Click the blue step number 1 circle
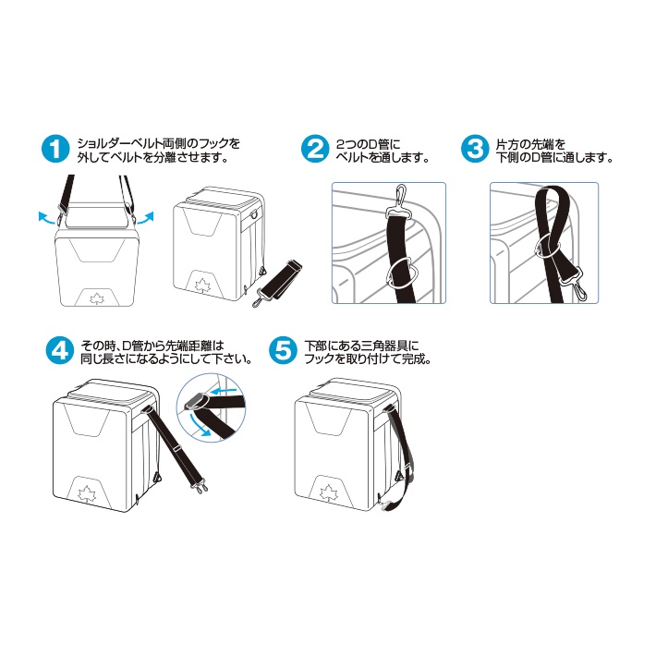pyautogui.click(x=55, y=149)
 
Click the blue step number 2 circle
pyautogui.click(x=315, y=149)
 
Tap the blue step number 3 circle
pyautogui.click(x=475, y=149)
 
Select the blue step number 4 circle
pyautogui.click(x=60, y=350)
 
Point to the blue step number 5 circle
pyautogui.click(x=283, y=350)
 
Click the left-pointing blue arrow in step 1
pyautogui.click(x=46, y=218)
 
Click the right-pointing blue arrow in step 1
pyautogui.click(x=146, y=218)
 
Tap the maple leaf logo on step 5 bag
pyautogui.click(x=328, y=492)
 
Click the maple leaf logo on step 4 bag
pyautogui.click(x=88, y=493)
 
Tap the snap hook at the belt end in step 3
pyautogui.click(x=577, y=286)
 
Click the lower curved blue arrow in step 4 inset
pyautogui.click(x=198, y=426)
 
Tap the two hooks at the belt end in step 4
pyautogui.click(x=200, y=487)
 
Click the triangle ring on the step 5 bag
pyautogui.click(x=400, y=474)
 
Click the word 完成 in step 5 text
pyautogui.click(x=415, y=359)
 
